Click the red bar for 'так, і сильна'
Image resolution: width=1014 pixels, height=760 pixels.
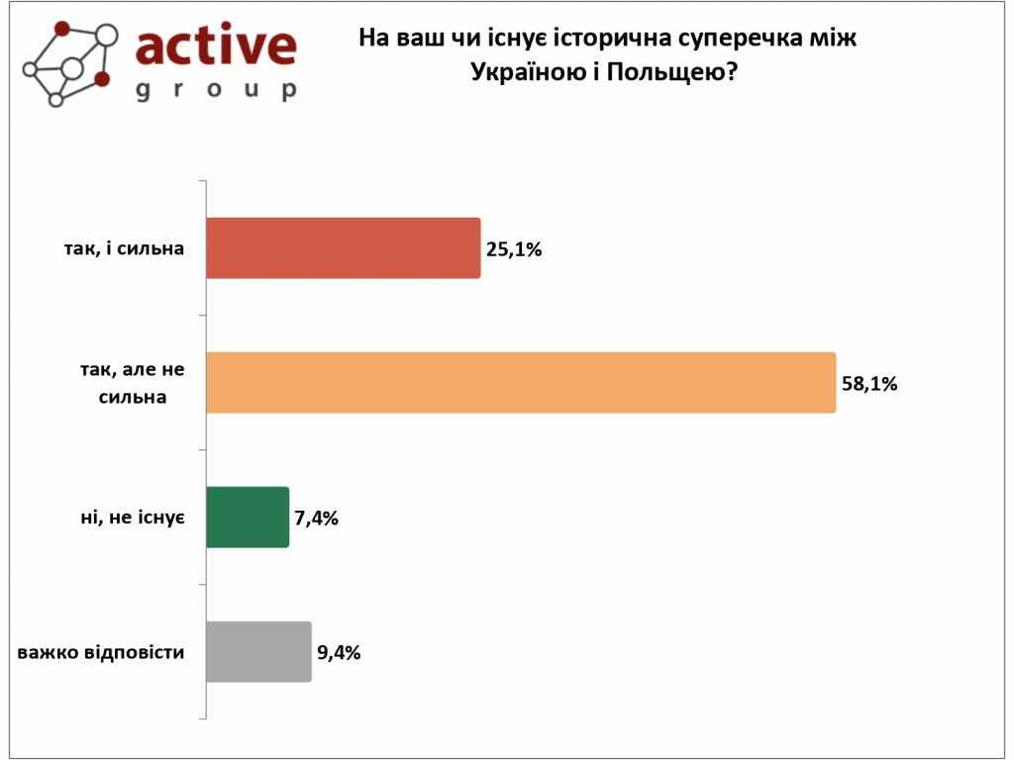[x=343, y=248]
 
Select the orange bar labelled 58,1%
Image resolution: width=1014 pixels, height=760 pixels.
[x=521, y=382]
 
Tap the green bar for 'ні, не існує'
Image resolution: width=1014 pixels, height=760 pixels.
[x=248, y=517]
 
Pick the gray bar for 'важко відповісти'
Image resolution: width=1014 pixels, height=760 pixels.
[x=258, y=651]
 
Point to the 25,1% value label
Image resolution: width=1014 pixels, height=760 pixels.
[x=514, y=249]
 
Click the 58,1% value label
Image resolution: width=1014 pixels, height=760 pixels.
[x=869, y=383]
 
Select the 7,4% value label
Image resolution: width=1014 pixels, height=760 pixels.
[x=317, y=518]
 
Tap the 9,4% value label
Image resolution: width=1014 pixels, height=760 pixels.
[x=339, y=652]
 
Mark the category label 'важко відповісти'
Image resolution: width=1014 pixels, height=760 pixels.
[x=102, y=652]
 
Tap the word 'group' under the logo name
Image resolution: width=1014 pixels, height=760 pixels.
[x=215, y=90]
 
